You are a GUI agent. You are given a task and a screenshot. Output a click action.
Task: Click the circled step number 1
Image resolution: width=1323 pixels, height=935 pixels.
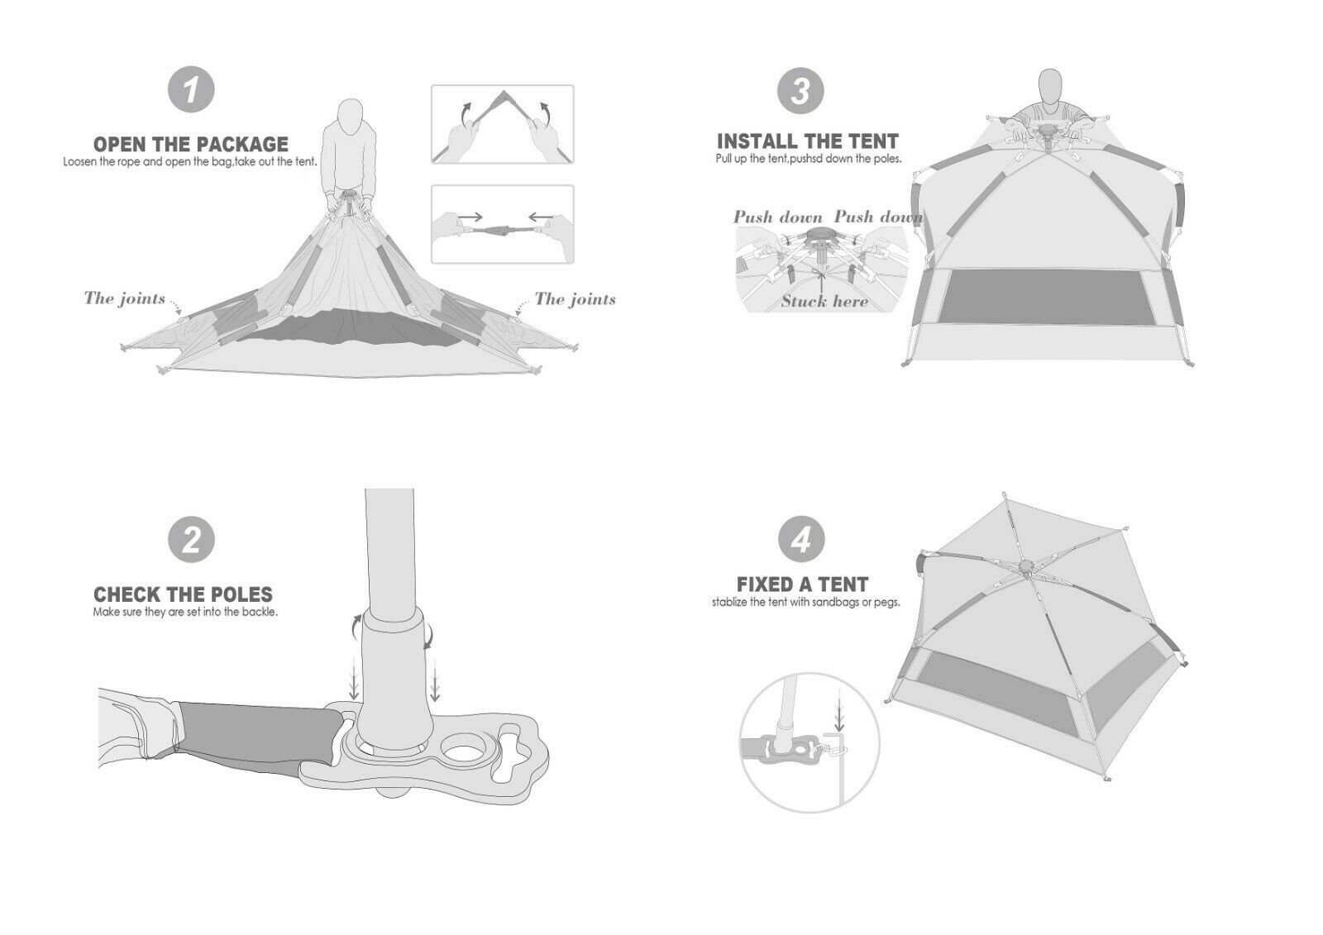tap(191, 89)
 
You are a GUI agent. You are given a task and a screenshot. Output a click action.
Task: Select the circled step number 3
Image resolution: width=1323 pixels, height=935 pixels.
tap(800, 90)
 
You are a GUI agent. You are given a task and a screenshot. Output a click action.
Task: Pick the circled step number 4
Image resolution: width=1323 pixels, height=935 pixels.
tap(800, 540)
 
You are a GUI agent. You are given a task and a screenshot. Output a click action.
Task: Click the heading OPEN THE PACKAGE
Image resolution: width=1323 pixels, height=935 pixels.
tap(191, 144)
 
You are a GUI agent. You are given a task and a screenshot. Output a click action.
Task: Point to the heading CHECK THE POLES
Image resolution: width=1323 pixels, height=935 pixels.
tap(183, 594)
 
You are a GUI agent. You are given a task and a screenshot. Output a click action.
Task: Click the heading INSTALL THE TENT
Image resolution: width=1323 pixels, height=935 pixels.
tap(808, 141)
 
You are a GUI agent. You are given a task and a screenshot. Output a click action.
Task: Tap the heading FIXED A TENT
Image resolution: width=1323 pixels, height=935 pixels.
tap(803, 584)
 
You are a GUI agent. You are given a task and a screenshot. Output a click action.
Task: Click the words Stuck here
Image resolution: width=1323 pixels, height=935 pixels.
tap(824, 301)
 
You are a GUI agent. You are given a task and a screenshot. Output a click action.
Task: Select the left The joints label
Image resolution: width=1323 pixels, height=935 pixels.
tap(125, 298)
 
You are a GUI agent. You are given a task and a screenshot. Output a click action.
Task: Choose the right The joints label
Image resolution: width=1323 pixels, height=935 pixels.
tap(576, 299)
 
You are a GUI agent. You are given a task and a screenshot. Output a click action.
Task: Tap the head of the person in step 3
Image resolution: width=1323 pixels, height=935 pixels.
tap(1050, 87)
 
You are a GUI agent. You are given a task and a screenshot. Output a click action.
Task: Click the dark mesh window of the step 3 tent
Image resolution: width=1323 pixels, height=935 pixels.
tap(1047, 297)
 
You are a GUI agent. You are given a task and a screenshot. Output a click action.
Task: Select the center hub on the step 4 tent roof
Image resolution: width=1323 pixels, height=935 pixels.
tap(1026, 567)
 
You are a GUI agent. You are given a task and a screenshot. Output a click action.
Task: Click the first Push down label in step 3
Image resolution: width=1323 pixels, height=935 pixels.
tap(778, 217)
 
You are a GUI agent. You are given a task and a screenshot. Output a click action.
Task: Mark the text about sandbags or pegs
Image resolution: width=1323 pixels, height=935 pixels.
tap(805, 603)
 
